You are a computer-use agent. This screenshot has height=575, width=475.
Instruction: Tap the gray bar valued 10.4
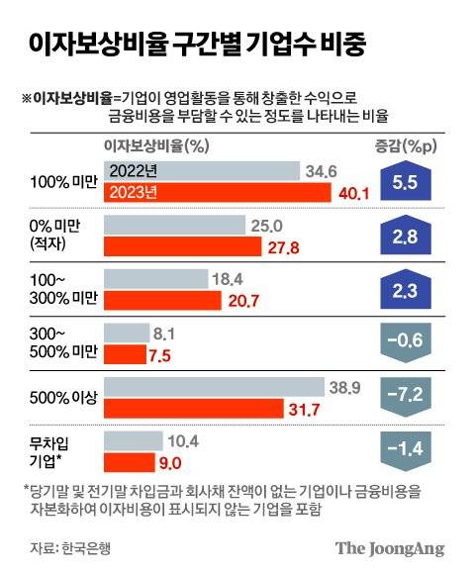[x=134, y=438]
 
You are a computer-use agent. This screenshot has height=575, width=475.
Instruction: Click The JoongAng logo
[x=389, y=548]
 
